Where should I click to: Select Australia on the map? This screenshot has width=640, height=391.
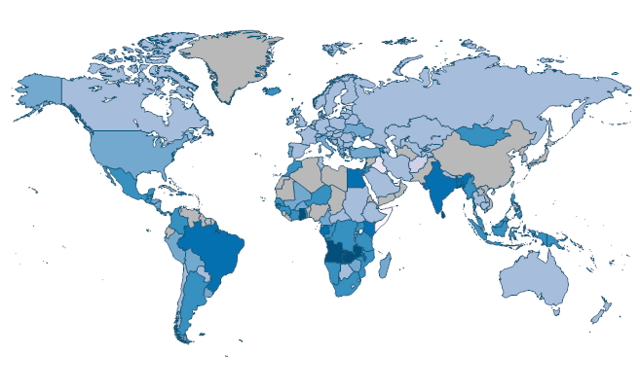pyautogui.click(x=535, y=281)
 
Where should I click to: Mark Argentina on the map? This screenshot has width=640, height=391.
pyautogui.click(x=189, y=297)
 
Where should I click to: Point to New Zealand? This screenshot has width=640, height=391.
pyautogui.click(x=600, y=311)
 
